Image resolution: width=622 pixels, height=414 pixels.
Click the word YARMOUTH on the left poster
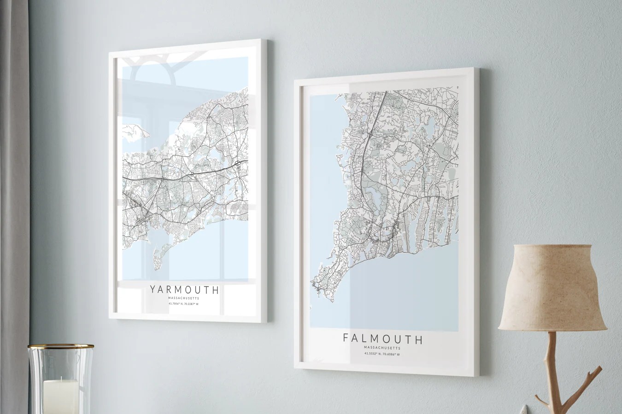click(184, 290)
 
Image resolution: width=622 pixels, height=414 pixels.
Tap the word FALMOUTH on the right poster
click(382, 339)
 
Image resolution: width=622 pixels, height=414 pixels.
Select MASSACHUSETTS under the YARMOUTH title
click(184, 298)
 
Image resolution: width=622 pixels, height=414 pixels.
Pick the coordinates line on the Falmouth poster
click(382, 354)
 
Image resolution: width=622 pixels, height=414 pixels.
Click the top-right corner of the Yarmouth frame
click(267, 40)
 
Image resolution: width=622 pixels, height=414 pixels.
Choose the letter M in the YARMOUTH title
click(179, 290)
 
